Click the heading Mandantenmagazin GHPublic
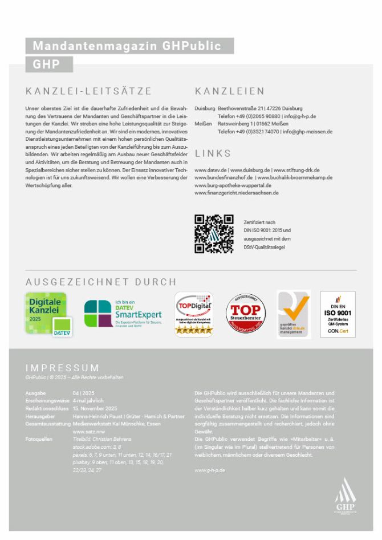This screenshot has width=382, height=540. click(127, 46)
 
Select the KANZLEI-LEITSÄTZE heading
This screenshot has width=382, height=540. click(88, 91)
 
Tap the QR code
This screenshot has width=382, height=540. click(214, 234)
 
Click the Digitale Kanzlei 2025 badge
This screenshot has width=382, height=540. click(46, 314)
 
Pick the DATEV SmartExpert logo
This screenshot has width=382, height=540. click(123, 314)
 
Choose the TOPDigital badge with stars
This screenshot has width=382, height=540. click(194, 314)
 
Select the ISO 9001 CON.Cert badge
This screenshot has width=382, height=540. click(338, 314)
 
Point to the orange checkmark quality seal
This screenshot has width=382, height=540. click(294, 314)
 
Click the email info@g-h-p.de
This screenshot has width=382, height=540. click(300, 116)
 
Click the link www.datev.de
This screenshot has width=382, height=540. click(210, 170)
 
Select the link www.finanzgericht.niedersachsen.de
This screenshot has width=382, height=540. click(236, 193)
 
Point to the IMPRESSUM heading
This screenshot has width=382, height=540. click(62, 368)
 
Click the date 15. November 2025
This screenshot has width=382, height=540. click(95, 409)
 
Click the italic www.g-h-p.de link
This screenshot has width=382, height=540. click(209, 470)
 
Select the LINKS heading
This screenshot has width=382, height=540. click(213, 153)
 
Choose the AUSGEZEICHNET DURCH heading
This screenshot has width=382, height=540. click(101, 282)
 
